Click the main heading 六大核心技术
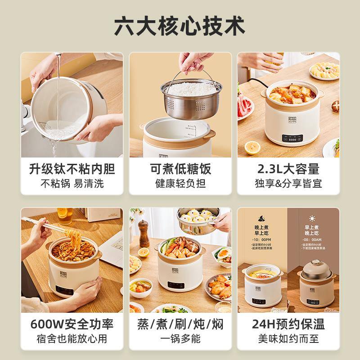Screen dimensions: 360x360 click(x=180, y=26)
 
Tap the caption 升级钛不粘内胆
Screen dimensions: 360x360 click(x=72, y=169)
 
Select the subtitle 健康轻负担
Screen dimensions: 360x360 click(x=180, y=184)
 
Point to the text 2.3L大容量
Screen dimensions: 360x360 click(x=288, y=169)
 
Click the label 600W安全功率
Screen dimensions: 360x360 click(x=72, y=324)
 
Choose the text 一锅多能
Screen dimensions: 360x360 click(x=180, y=338)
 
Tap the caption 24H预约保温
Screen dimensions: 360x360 click(x=288, y=324)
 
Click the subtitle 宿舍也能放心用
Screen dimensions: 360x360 click(x=72, y=338)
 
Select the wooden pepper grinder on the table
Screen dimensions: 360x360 click(x=144, y=232)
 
